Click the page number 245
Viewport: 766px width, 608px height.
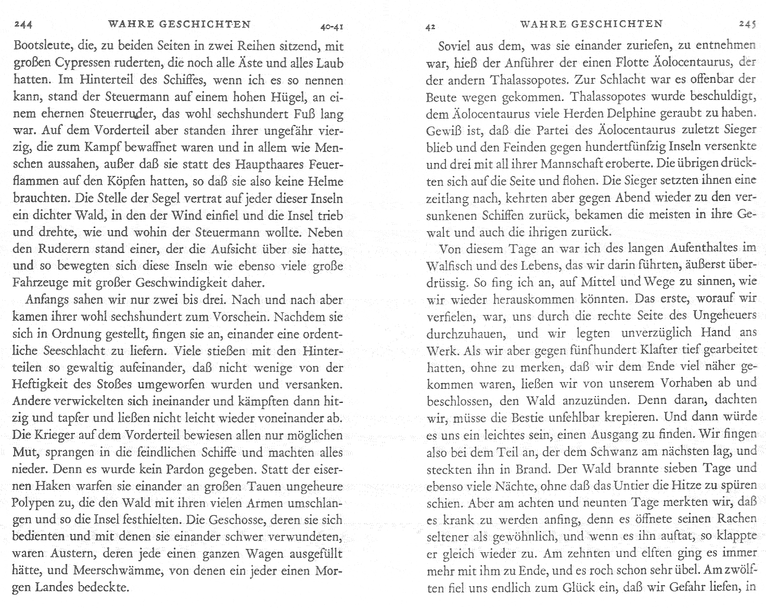pyautogui.click(x=747, y=24)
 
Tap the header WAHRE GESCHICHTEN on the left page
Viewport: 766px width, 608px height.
pyautogui.click(x=179, y=24)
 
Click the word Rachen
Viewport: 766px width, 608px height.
pyautogui.click(x=736, y=520)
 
